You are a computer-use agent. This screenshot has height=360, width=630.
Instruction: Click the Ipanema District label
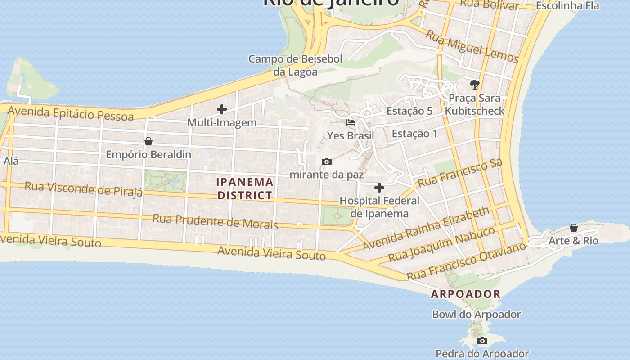point(245,189)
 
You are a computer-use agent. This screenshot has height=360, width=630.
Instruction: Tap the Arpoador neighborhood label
point(466,294)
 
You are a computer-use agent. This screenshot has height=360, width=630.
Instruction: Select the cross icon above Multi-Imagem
point(222,109)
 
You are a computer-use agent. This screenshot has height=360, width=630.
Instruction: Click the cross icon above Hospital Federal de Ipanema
point(379,187)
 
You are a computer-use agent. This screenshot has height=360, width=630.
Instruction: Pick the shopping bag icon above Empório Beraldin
point(148,141)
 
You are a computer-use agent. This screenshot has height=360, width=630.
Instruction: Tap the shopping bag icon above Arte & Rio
point(574,228)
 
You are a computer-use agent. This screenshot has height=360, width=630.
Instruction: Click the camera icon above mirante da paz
point(327,162)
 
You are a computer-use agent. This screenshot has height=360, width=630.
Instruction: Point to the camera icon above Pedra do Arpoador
point(482,341)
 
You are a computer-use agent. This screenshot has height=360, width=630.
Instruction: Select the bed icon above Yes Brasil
point(351,122)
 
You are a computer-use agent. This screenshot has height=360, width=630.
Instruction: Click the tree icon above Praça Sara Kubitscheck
point(474,84)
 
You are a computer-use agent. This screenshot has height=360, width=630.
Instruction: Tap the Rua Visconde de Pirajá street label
point(84,189)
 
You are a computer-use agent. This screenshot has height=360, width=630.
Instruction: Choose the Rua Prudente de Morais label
point(215,221)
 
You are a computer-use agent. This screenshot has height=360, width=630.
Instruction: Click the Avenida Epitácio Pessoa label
point(71,113)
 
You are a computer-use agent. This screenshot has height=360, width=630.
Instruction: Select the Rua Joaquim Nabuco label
point(441,245)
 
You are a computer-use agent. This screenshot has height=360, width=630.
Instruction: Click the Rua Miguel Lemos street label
point(472,47)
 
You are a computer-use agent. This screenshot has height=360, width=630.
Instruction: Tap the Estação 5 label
point(409,111)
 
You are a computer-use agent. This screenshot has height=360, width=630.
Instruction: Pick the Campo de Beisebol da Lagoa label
point(295,65)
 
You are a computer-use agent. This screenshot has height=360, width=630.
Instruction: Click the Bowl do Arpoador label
point(477,315)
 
